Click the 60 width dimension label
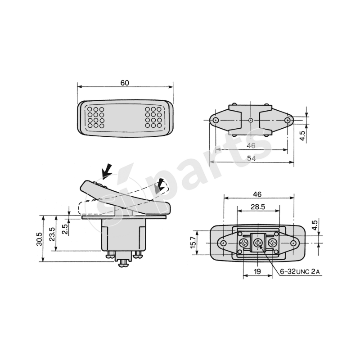125,83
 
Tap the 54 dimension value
252,158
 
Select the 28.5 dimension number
258,207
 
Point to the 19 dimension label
257,271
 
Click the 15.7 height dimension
193,242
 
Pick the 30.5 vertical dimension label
39,239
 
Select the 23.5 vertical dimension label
52,234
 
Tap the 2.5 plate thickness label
65,229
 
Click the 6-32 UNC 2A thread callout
300,272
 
